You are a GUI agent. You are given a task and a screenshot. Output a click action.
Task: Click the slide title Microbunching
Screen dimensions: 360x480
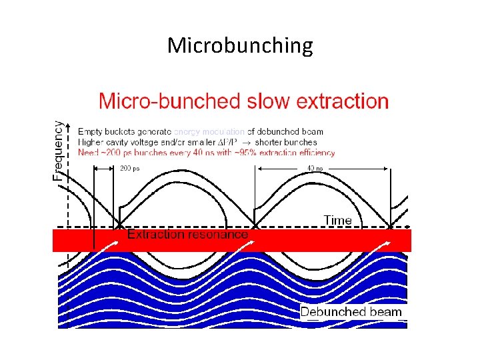click(x=240, y=45)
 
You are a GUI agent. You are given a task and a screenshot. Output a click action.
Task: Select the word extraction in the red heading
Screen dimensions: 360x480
click(x=342, y=102)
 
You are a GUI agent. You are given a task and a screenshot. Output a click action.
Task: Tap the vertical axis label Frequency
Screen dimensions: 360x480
click(x=59, y=150)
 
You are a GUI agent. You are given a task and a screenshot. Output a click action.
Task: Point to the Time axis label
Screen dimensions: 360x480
click(x=338, y=220)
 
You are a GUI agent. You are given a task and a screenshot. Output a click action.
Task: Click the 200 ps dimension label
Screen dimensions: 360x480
click(x=131, y=169)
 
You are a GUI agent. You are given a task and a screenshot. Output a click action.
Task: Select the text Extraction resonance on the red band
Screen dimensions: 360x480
click(x=187, y=235)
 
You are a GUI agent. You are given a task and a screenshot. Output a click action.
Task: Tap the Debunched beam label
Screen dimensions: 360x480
click(x=351, y=312)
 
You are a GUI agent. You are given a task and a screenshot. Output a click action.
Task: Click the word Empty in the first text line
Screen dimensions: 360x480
click(x=91, y=131)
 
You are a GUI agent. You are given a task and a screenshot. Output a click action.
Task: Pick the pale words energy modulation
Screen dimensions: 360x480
click(x=209, y=131)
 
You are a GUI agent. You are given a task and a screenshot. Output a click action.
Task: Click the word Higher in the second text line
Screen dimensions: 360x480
click(x=91, y=141)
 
